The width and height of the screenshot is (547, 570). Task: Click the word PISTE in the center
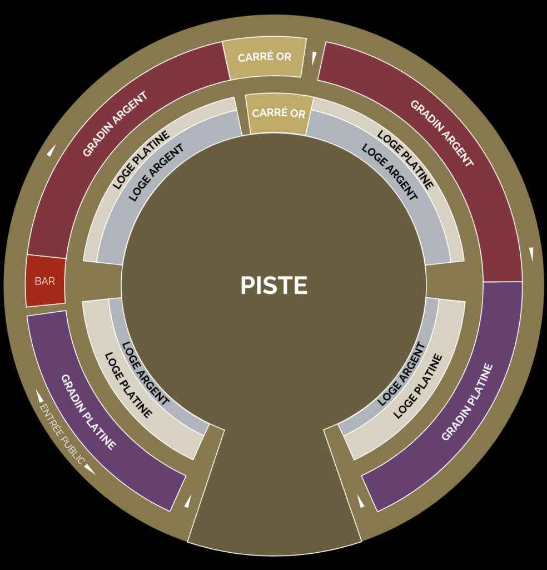(x=273, y=285)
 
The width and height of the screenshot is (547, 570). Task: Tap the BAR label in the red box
(x=45, y=281)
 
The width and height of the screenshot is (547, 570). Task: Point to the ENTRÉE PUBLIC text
(x=62, y=434)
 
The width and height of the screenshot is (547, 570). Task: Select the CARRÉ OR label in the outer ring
(x=264, y=57)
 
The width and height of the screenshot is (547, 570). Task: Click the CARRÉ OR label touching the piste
(x=279, y=113)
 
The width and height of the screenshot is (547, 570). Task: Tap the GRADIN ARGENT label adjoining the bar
(x=115, y=124)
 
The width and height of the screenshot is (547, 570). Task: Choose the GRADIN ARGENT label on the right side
(x=442, y=133)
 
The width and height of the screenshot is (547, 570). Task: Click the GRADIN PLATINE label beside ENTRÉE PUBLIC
(x=88, y=412)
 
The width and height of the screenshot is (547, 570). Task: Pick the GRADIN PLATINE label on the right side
(x=468, y=402)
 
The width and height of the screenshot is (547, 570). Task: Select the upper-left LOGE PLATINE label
(x=141, y=160)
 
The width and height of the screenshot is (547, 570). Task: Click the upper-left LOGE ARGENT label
(x=156, y=173)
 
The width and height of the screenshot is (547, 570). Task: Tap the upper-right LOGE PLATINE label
(x=405, y=160)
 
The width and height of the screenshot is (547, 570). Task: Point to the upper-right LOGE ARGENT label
(x=390, y=171)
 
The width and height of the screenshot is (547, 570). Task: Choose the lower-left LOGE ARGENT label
(x=146, y=374)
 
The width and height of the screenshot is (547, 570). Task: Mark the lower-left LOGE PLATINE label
(x=128, y=385)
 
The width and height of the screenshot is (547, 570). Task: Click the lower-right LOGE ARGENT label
(x=401, y=374)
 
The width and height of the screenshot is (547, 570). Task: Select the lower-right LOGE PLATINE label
(x=418, y=386)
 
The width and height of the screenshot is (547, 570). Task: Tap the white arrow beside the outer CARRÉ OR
(x=314, y=58)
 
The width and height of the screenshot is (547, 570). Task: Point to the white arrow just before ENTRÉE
(x=40, y=396)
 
